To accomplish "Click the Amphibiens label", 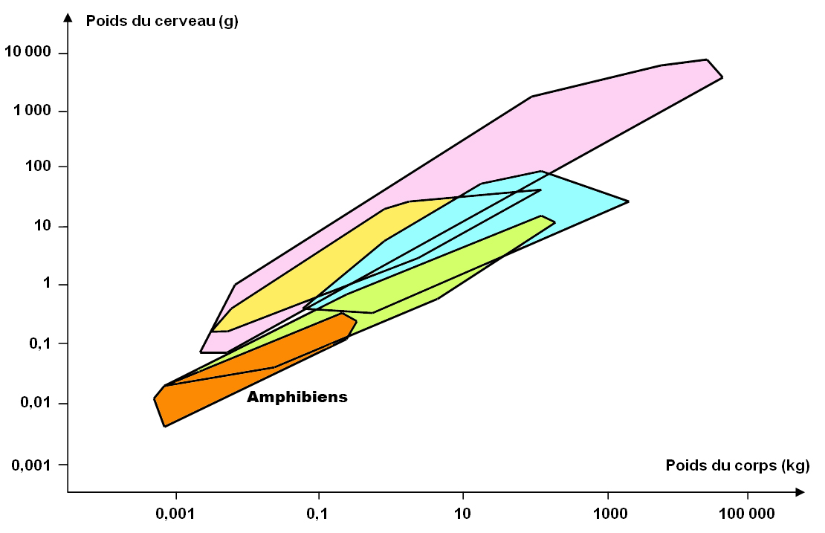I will (x=297, y=397).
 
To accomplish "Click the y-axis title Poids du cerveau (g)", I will (x=161, y=20).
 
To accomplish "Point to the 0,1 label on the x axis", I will (x=318, y=514).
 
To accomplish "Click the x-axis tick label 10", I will (x=463, y=514).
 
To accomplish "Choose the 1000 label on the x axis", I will (x=609, y=514).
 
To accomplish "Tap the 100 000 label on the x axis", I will (x=747, y=514).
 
